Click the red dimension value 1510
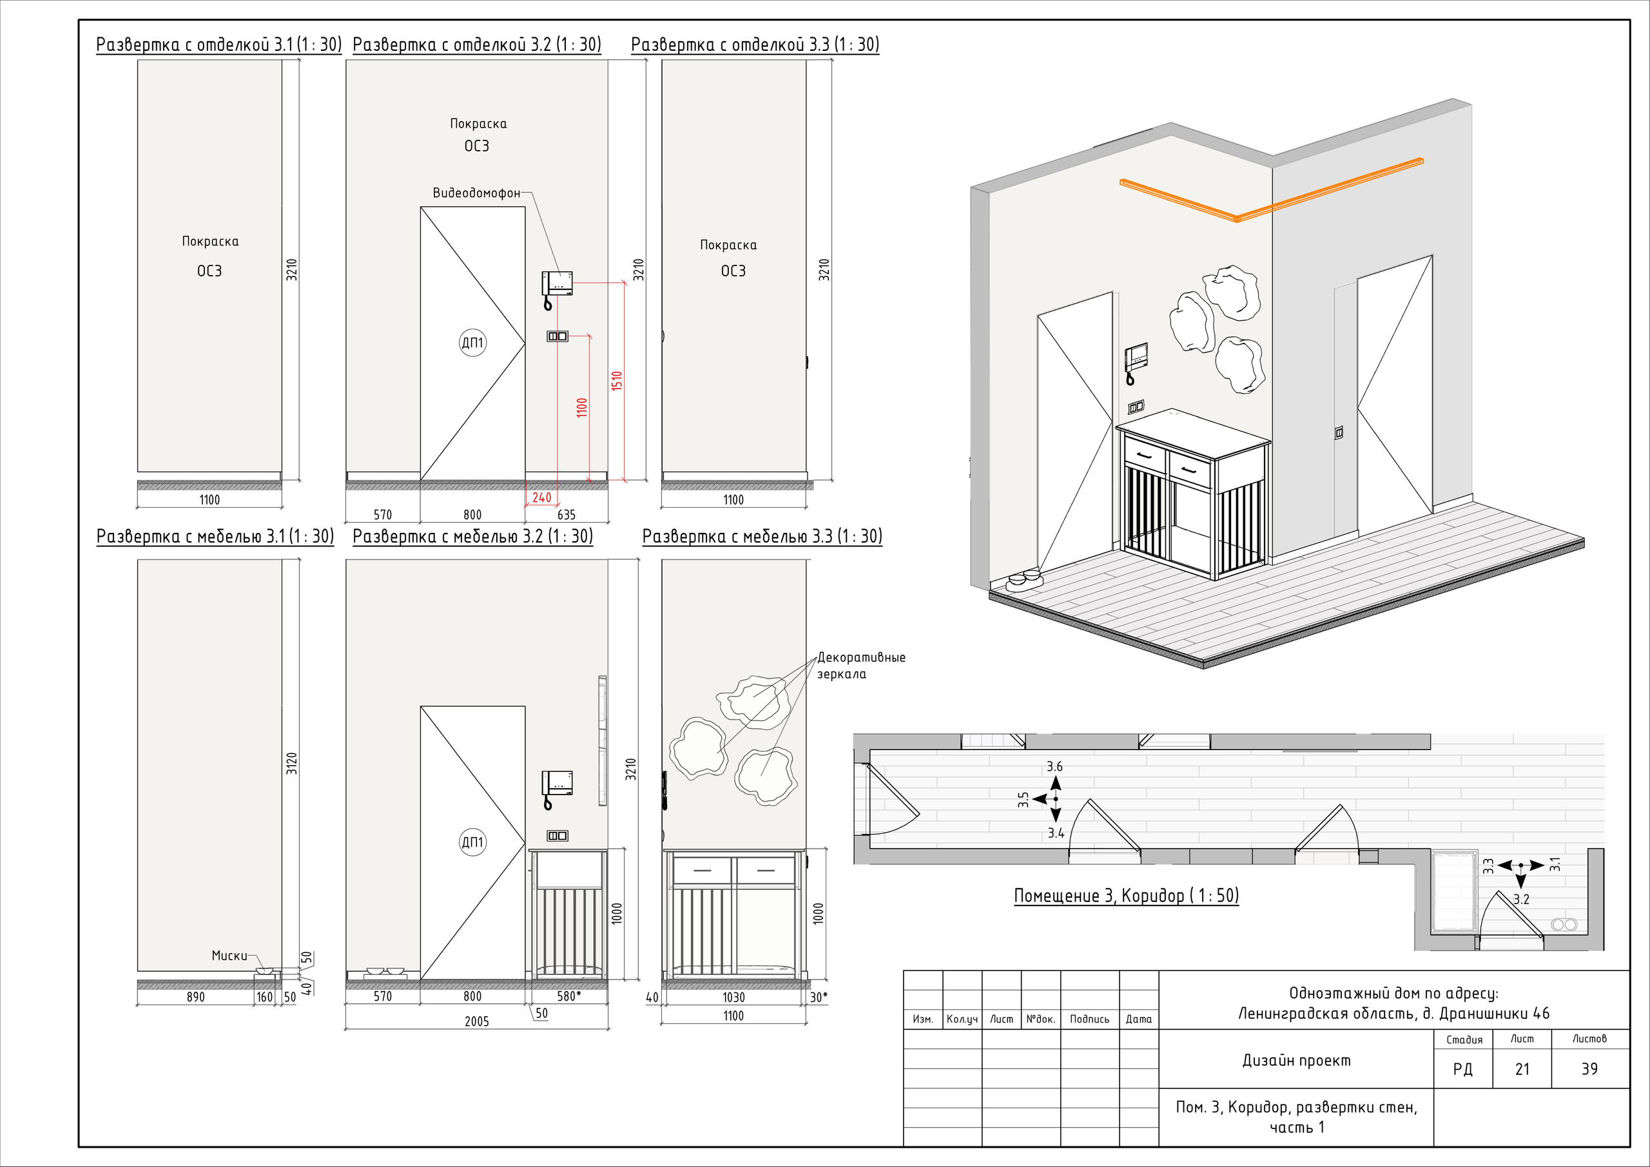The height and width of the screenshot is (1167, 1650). pos(617,381)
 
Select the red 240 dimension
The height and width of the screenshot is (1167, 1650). pos(542,497)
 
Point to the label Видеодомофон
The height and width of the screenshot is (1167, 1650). pos(476,193)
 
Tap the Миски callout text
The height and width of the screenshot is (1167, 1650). pos(229,956)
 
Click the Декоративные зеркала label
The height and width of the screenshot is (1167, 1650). pos(861,666)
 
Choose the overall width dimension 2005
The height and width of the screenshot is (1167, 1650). pos(476,1022)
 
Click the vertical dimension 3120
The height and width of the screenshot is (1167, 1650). pos(292,763)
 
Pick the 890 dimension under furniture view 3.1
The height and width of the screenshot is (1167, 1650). pos(195,998)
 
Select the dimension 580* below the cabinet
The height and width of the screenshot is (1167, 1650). pos(569,996)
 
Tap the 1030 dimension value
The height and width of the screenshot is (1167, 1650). pos(733,998)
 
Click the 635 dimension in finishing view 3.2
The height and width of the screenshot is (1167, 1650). pos(567,514)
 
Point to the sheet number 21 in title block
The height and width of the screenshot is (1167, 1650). pos(1522,1069)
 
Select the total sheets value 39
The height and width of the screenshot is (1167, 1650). pos(1589,1069)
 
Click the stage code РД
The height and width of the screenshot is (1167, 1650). pos(1462,1069)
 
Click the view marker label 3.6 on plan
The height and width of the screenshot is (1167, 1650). pos(1054,767)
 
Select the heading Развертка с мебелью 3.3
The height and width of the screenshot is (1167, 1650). pos(762,536)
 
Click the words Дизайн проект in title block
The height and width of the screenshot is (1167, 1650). pos(1296,1061)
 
